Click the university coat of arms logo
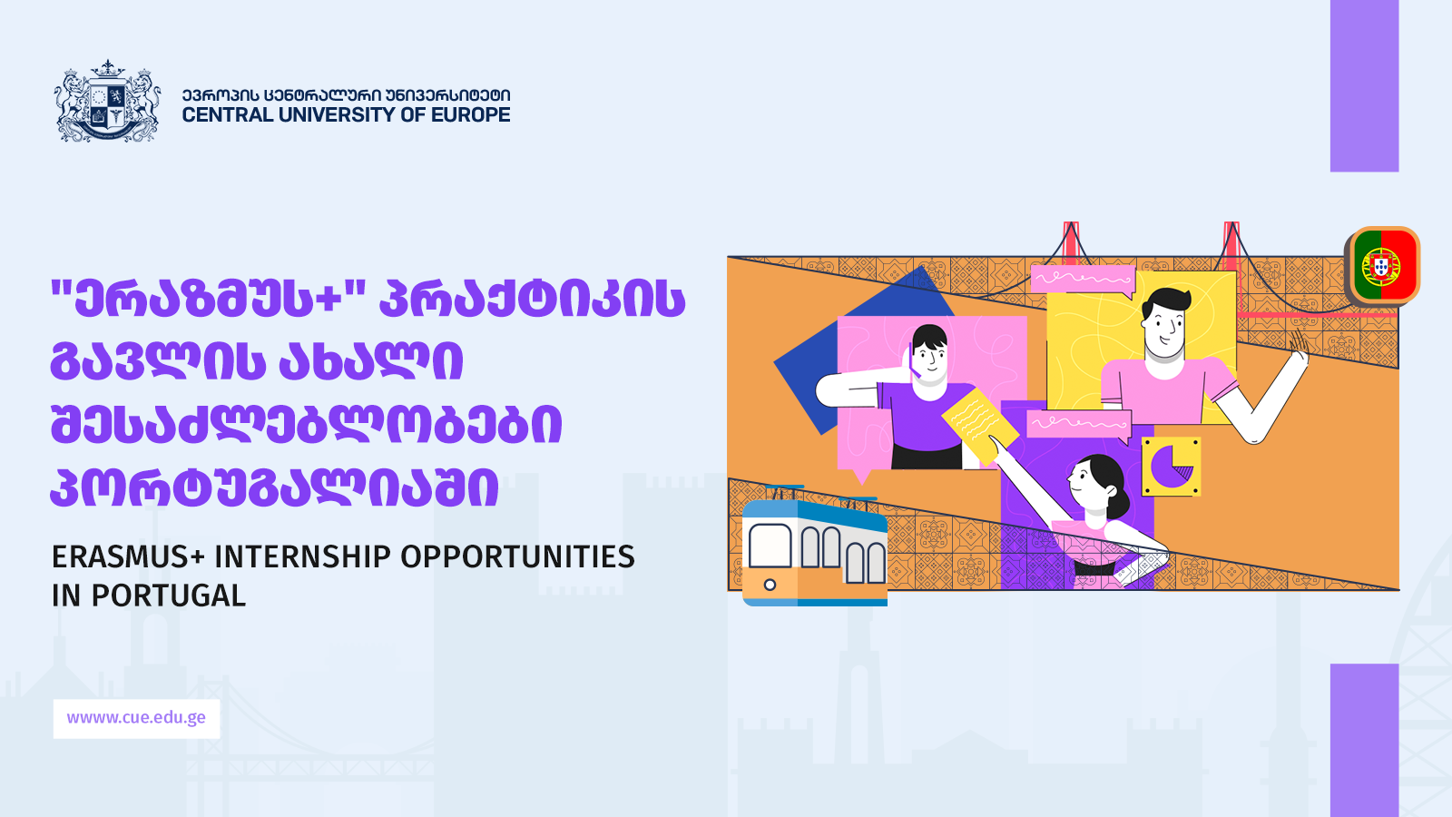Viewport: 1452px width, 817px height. coord(107,101)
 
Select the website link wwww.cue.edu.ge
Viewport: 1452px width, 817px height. coord(136,718)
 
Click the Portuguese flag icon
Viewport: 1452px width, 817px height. coord(1383,266)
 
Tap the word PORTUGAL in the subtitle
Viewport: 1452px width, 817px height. coord(168,596)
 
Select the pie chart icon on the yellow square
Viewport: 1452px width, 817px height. coord(1172,466)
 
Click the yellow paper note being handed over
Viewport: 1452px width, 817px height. coord(979,424)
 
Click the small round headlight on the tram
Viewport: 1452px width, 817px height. coord(770,585)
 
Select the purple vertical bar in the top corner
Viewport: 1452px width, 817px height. coord(1365,85)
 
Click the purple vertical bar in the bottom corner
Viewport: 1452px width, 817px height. coord(1365,741)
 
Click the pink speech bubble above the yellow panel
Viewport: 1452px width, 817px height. coord(1084,280)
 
